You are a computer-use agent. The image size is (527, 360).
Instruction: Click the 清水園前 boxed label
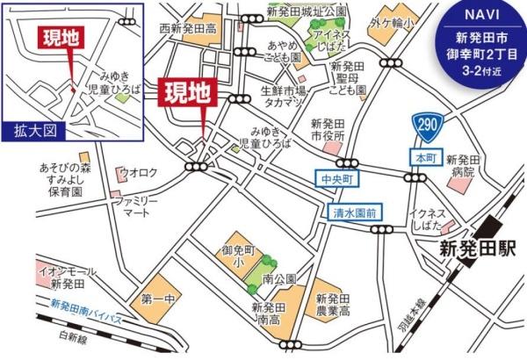(354, 212)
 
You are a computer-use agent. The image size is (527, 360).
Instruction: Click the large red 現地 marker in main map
(188, 92)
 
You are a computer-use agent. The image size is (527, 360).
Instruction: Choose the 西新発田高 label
(186, 30)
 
